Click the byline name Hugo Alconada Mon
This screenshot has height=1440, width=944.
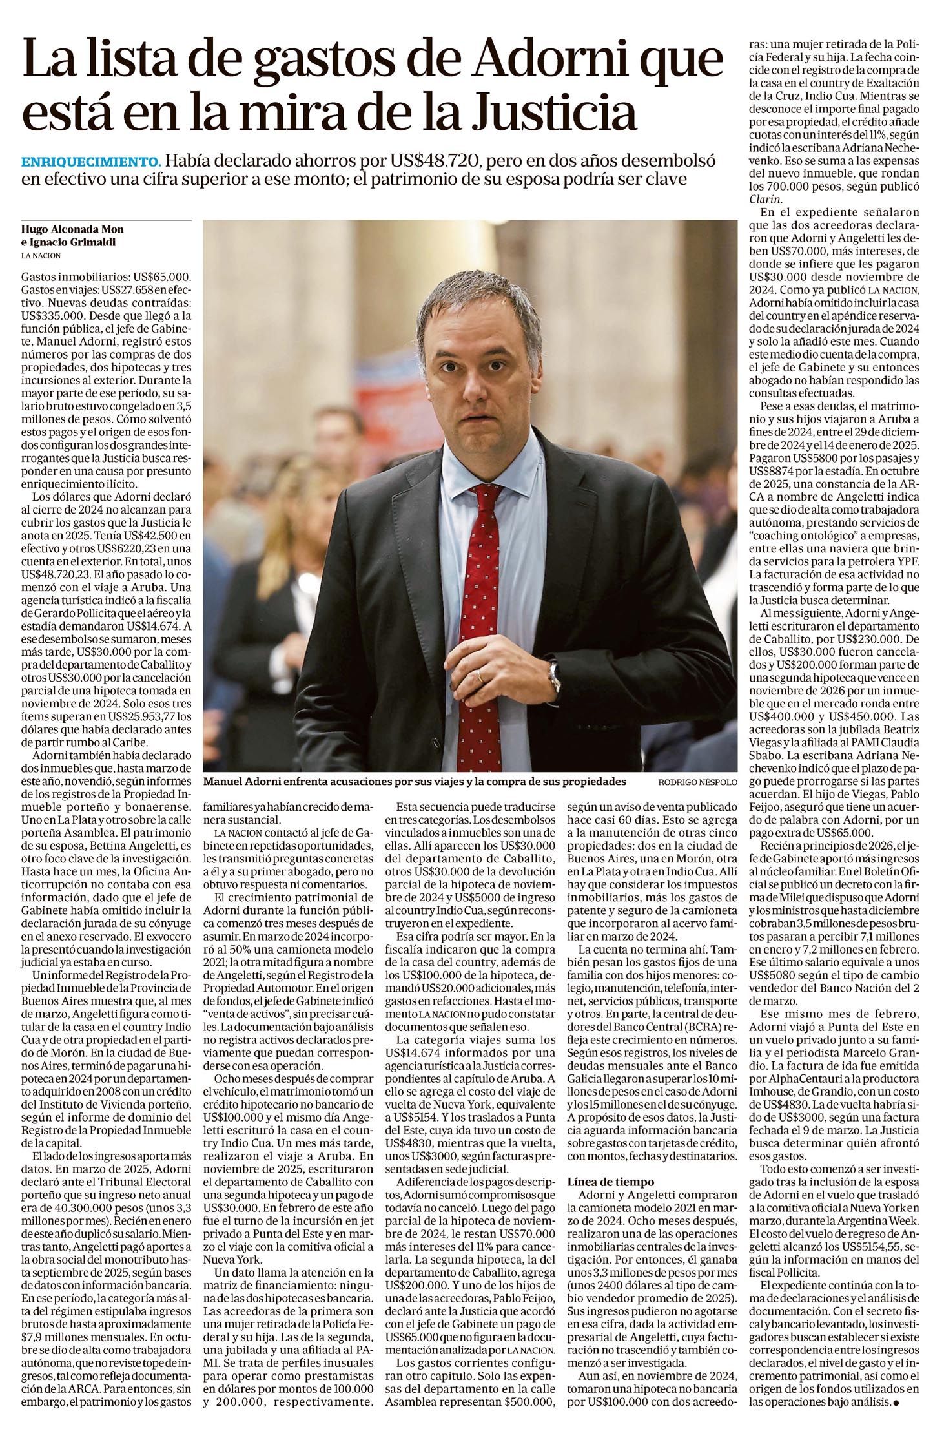pos(72,229)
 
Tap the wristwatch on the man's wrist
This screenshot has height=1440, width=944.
pos(553,674)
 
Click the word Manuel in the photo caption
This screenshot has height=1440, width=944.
pos(223,782)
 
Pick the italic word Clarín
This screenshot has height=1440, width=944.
pos(765,199)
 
